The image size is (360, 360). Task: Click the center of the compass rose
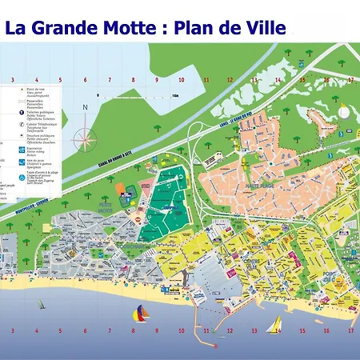pyautogui.click(x=86, y=135)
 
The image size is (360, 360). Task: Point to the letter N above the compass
pyautogui.click(x=85, y=109)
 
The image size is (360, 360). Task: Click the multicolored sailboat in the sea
pyautogui.click(x=141, y=313)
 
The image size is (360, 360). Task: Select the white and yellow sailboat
pyautogui.click(x=274, y=323)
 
